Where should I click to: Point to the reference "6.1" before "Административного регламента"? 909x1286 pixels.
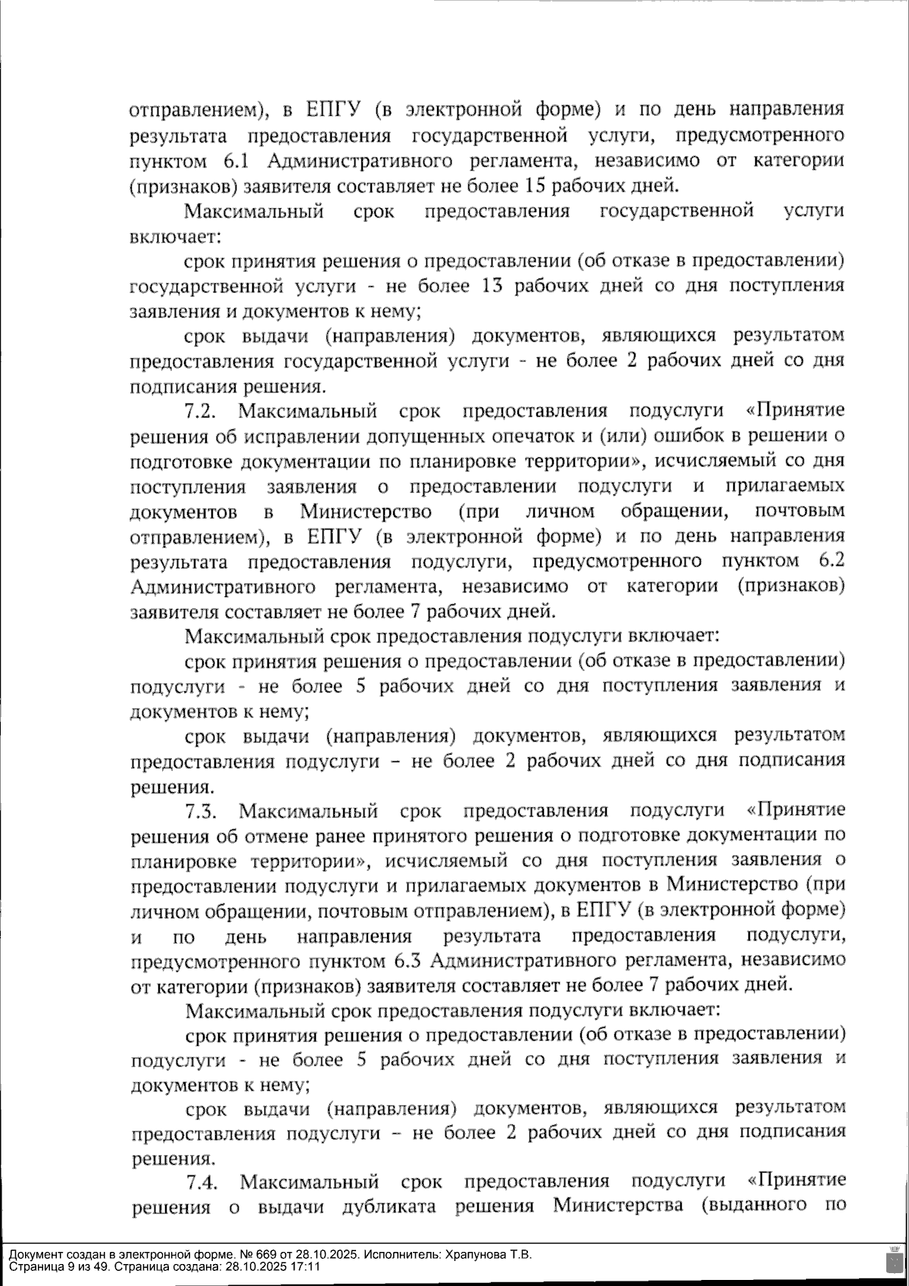pyautogui.click(x=236, y=161)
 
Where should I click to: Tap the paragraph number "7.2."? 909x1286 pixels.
pyautogui.click(x=201, y=411)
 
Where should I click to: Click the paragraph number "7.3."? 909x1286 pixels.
pyautogui.click(x=202, y=811)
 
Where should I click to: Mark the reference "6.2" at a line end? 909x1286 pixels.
pyautogui.click(x=832, y=561)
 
